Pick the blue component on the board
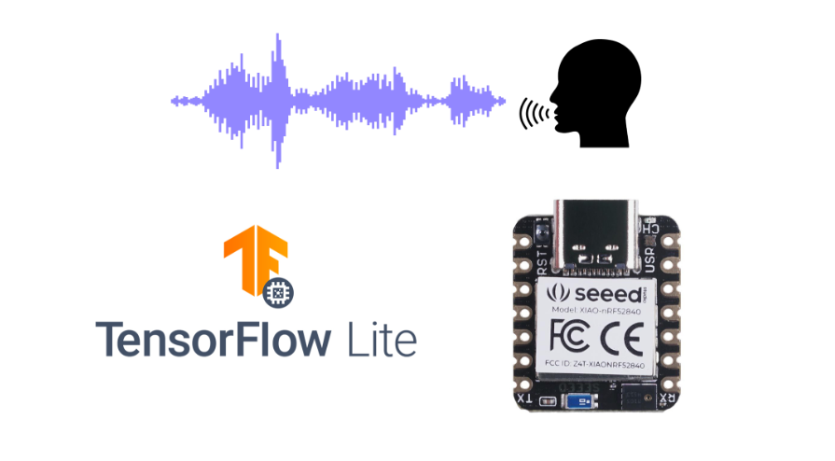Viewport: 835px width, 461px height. tap(581, 402)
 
